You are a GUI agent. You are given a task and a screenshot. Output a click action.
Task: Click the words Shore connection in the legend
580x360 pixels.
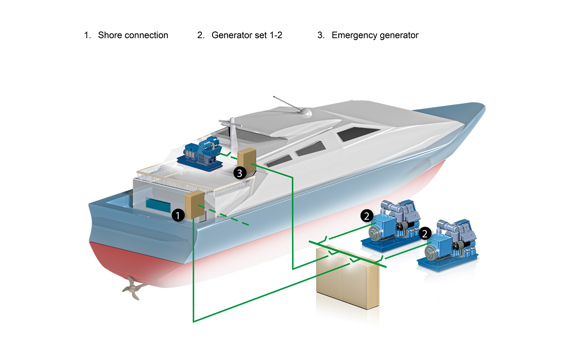coord(133,35)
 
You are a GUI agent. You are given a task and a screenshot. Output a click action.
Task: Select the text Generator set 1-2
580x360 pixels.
coord(247,35)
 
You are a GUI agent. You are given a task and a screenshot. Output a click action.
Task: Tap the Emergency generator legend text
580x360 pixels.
coord(375,35)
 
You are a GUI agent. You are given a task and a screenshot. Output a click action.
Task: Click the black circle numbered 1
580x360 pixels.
coord(178,215)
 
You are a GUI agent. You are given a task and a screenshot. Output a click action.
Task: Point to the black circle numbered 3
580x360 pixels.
coord(240,173)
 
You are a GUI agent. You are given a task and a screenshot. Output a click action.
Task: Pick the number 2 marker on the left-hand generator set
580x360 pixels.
coord(367,216)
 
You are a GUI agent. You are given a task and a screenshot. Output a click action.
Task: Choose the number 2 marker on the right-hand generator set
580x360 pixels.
coord(425,233)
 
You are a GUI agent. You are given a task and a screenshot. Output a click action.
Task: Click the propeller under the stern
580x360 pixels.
coord(133,287)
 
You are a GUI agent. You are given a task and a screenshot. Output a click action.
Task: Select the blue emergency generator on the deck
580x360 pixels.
coord(200,154)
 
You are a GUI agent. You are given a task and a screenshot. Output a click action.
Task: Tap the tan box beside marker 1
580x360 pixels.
coord(195,205)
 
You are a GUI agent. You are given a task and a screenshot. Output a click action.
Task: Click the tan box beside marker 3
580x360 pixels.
coord(247,161)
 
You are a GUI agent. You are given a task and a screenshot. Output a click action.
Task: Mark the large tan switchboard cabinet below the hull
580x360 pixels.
coord(348,277)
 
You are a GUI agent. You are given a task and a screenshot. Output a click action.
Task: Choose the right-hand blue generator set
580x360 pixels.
coord(448,245)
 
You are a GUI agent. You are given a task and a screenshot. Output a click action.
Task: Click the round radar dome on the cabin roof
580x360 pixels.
coord(306,113)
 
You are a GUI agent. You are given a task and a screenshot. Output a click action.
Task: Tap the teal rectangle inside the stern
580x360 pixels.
coord(158,205)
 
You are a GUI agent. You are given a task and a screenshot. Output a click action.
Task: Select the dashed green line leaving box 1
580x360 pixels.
coord(223,215)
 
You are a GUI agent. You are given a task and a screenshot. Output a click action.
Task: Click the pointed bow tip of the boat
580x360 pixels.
coord(484,105)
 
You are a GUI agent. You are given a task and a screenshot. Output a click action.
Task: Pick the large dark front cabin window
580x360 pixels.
coord(358,134)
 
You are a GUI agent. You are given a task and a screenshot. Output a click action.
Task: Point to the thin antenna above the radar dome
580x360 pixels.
coord(287,104)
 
